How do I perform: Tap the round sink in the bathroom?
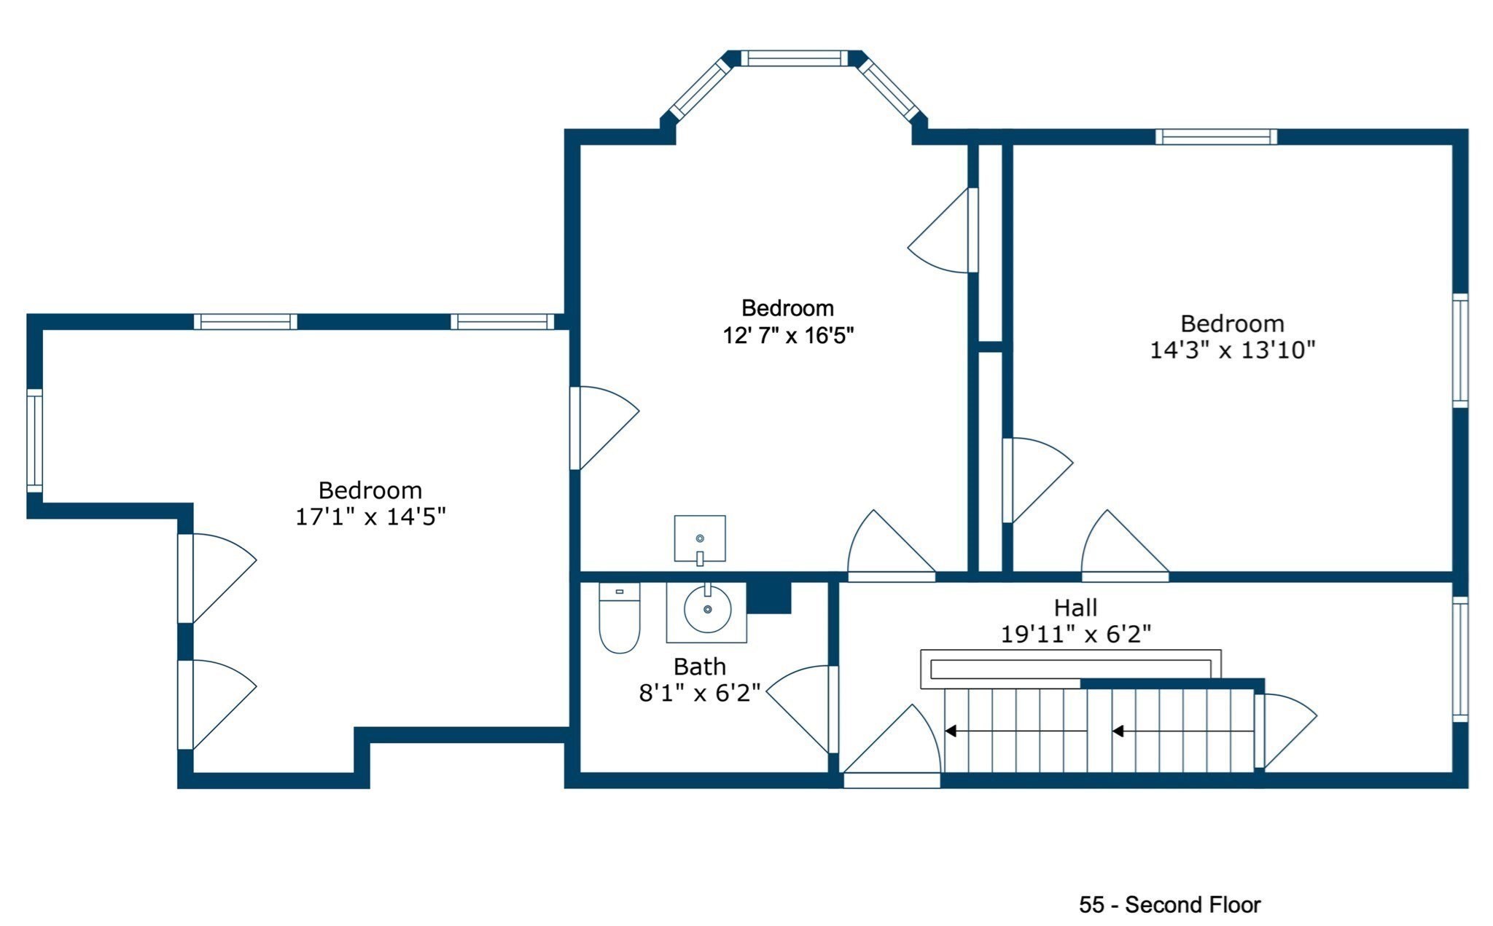pyautogui.click(x=707, y=608)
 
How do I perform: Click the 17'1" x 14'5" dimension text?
pyautogui.click(x=370, y=517)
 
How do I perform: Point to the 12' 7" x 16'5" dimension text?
pyautogui.click(x=787, y=335)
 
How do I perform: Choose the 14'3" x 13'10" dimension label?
pyautogui.click(x=1232, y=350)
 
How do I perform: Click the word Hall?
pyautogui.click(x=1075, y=607)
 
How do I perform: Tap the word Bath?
pyautogui.click(x=699, y=666)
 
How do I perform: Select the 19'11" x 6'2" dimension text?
pyautogui.click(x=1075, y=634)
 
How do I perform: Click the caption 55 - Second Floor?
pyautogui.click(x=1169, y=904)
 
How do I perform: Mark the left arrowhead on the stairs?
pyautogui.click(x=951, y=730)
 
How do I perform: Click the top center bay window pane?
pyautogui.click(x=795, y=58)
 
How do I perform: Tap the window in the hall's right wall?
pyautogui.click(x=1459, y=659)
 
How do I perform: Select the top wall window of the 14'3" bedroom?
pyautogui.click(x=1216, y=136)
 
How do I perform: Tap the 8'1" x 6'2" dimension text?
pyautogui.click(x=699, y=693)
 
